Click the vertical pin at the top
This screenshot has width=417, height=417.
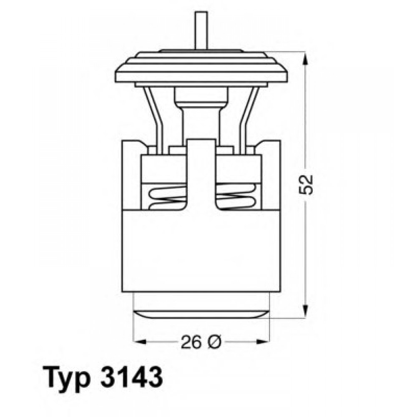pyautogui.click(x=201, y=30)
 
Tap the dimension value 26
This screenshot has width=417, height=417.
pyautogui.click(x=191, y=342)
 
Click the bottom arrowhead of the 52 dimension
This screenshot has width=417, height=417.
pyautogui.click(x=306, y=311)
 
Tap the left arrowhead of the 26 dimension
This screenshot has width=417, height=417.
pyautogui.click(x=140, y=342)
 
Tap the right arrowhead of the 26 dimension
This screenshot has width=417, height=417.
pyautogui.click(x=263, y=342)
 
